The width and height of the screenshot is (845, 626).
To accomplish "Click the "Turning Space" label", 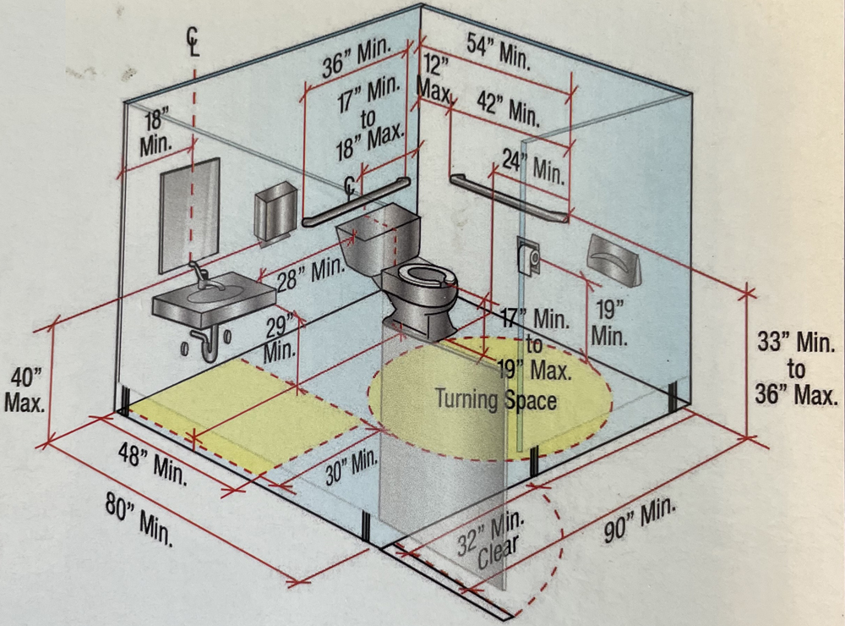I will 495,398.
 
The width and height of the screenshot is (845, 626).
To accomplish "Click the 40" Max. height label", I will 26,389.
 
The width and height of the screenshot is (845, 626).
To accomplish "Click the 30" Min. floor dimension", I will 351,466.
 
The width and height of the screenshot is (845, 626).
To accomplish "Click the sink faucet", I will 198,276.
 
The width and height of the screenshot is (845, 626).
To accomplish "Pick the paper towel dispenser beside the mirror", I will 275,211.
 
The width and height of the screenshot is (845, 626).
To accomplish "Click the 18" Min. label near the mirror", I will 156,131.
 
